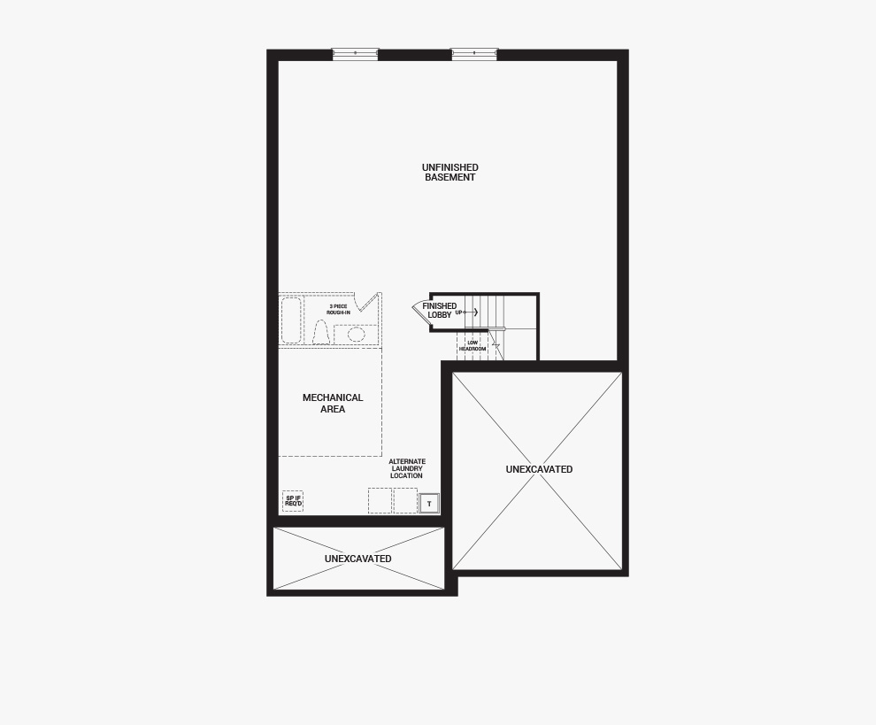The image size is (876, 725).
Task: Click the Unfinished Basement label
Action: tap(450, 173)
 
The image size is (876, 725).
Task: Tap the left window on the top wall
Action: tap(355, 54)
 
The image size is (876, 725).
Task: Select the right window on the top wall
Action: tap(474, 54)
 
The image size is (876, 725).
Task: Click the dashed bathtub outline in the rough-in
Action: tap(291, 320)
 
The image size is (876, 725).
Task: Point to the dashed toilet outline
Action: tap(320, 333)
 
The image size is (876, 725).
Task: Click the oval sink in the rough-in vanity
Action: tap(357, 334)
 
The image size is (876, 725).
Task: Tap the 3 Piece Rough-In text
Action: tap(338, 310)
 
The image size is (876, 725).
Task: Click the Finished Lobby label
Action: tap(439, 311)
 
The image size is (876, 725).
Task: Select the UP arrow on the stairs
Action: tap(468, 312)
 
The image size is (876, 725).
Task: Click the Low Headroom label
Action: tap(473, 346)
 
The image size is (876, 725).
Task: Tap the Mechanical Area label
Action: tap(333, 404)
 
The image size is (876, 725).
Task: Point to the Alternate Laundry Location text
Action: tap(407, 469)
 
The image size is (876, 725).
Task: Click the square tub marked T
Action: tap(429, 504)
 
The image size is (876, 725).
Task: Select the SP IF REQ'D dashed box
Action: tap(293, 501)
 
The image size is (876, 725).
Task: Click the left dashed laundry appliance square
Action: tap(380, 501)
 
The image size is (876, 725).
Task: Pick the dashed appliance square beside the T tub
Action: tap(405, 501)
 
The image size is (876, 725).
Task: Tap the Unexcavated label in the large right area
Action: tap(539, 469)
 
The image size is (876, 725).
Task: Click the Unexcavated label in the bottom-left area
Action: tap(357, 559)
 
